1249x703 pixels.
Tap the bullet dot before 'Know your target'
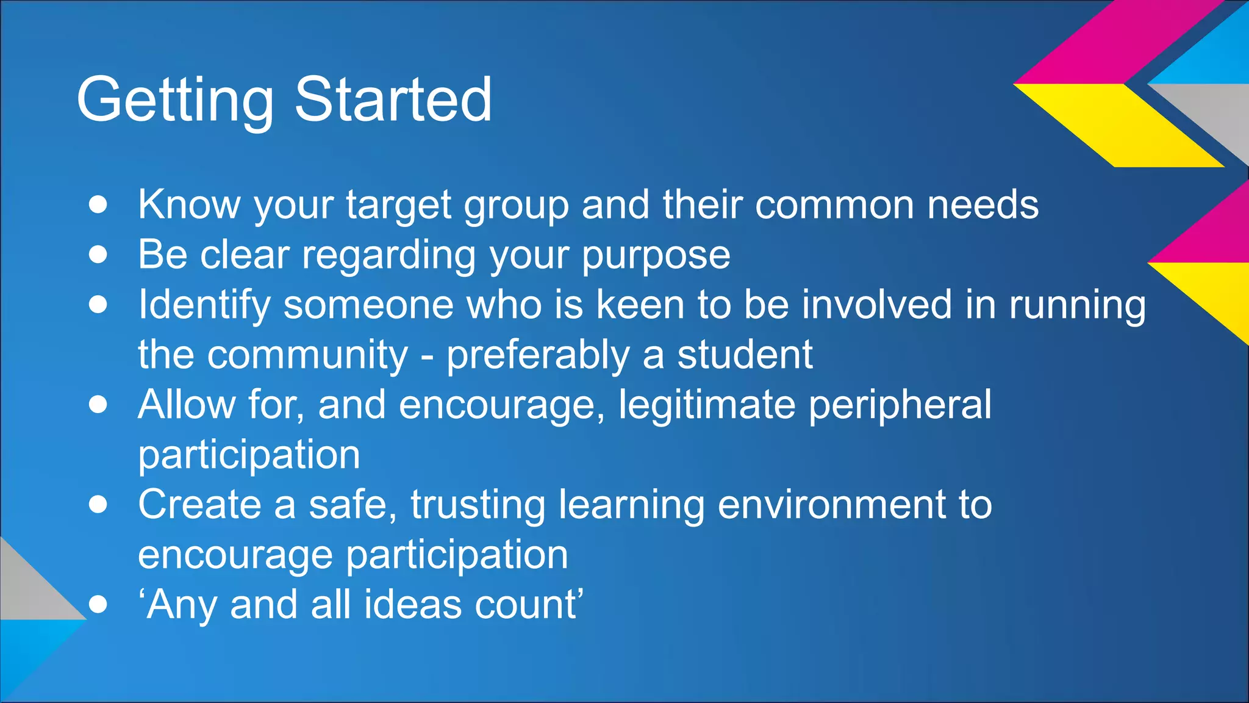[98, 204]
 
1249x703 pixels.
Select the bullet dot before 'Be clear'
[98, 254]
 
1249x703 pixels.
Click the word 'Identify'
[204, 305]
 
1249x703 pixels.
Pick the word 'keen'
[640, 305]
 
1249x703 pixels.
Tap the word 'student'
[745, 355]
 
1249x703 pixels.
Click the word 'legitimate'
[707, 405]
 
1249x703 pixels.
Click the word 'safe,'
[353, 505]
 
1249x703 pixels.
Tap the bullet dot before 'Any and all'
[98, 605]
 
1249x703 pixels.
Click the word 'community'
[307, 355]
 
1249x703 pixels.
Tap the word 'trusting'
[478, 506]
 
